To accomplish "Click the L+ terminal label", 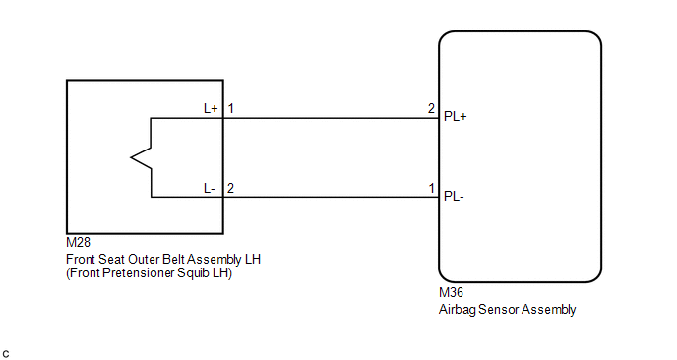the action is (211, 108).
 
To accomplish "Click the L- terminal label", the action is (210, 188).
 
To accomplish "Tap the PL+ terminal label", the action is (455, 116).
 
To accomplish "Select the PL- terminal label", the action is (454, 197).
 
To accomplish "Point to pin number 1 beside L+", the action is (231, 108).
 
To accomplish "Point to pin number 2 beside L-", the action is (230, 188).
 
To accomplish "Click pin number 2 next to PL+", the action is (431, 108).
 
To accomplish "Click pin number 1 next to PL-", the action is (431, 188).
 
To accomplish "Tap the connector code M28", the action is (78, 242).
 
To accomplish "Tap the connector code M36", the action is (451, 293).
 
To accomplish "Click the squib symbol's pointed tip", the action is (131, 157).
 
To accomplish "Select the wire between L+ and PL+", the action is (332, 118).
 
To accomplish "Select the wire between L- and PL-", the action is (332, 198).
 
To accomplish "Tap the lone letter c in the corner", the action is (6, 354).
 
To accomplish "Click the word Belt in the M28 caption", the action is (173, 259).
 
